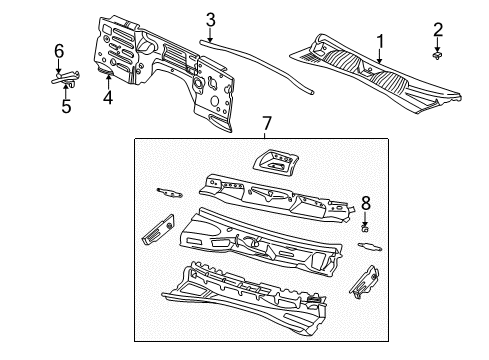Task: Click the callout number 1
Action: (x=379, y=41)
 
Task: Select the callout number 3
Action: (x=210, y=18)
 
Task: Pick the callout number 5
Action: (x=66, y=105)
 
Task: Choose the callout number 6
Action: (x=58, y=50)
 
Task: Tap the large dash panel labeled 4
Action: (x=170, y=70)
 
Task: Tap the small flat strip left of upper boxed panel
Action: (x=168, y=191)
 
